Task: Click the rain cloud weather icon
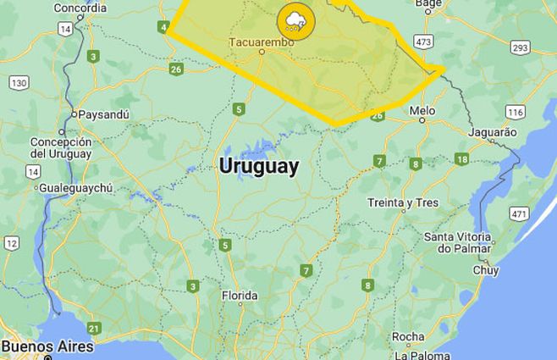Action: (x=295, y=20)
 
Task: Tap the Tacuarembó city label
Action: (x=261, y=41)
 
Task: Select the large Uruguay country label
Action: (x=258, y=166)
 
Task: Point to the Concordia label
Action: (x=80, y=8)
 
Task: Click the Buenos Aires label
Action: (x=47, y=346)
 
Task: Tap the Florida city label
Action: (x=239, y=296)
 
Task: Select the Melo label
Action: (x=422, y=111)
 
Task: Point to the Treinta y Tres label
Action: (x=403, y=202)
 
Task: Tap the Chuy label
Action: (x=485, y=270)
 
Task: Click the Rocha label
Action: (x=408, y=335)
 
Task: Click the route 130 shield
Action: (x=19, y=82)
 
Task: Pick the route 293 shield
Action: (x=520, y=47)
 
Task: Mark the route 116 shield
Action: (x=515, y=112)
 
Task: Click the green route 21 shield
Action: (x=94, y=328)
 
